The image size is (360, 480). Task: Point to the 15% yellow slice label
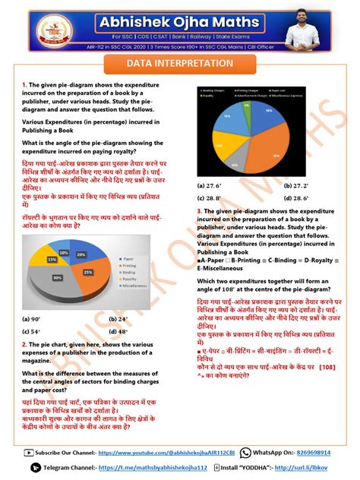[53, 259]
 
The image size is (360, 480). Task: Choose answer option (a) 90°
[32, 319]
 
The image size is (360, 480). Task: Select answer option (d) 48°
[118, 331]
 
